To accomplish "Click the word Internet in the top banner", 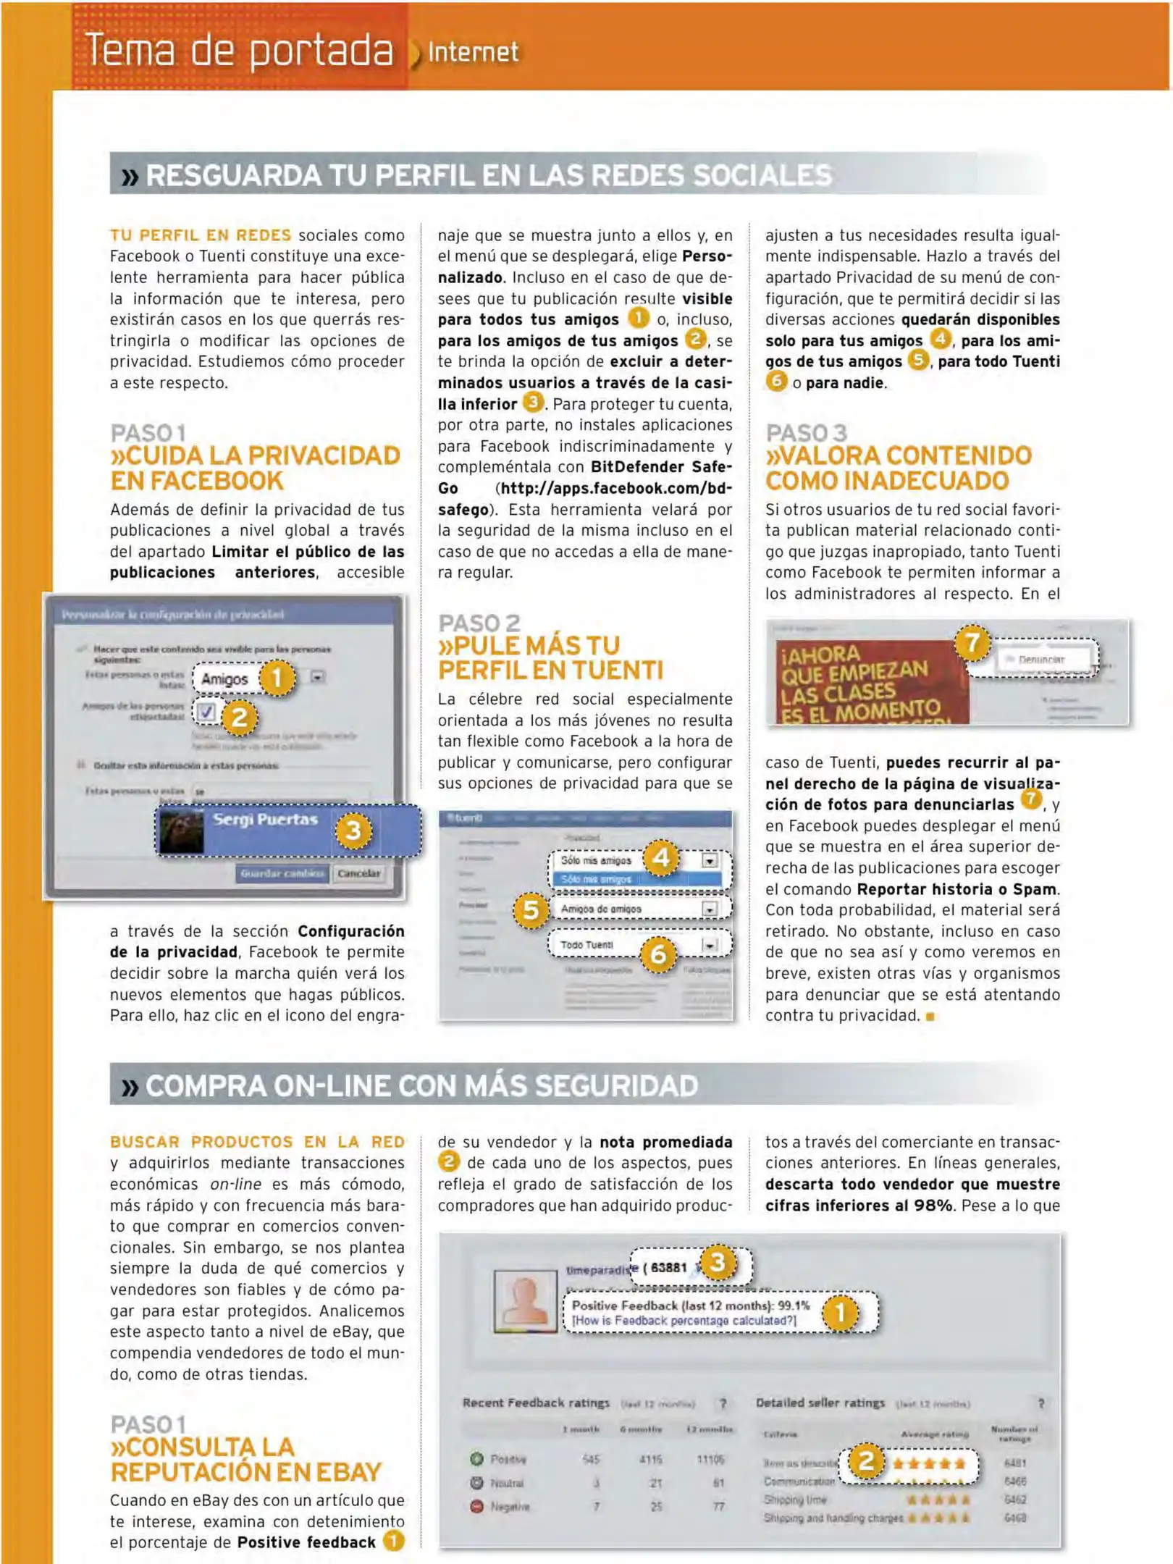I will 473,52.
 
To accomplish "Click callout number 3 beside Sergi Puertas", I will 353,830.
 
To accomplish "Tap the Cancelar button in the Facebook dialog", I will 358,873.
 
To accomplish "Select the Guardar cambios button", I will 282,873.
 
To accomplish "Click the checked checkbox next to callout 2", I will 206,712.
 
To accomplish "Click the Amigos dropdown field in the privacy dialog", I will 226,679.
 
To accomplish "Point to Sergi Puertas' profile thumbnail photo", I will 181,831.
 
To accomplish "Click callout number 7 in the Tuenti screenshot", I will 972,642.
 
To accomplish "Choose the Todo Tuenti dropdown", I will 630,945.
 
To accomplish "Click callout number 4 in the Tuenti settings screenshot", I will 660,858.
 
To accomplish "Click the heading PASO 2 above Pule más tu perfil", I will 479,623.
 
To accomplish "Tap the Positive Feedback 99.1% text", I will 691,1306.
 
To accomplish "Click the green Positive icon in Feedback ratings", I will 476,1459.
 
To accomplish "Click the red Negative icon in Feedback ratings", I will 476,1506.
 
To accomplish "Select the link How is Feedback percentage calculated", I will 684,1321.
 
